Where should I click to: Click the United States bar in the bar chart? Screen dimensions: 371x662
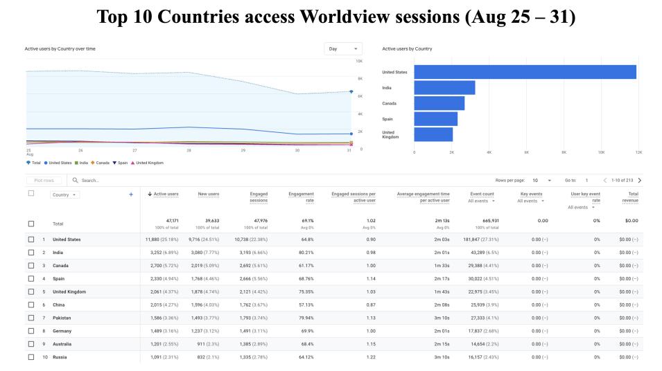(524, 72)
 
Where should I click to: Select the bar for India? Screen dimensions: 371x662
(444, 88)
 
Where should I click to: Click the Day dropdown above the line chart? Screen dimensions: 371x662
(343, 49)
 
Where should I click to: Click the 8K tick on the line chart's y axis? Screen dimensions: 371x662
(360, 79)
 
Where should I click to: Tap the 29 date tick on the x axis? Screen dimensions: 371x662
(243, 150)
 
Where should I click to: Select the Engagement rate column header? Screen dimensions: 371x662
(302, 198)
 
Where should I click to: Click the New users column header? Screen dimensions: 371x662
(209, 194)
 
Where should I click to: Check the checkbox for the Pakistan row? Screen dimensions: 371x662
(30, 318)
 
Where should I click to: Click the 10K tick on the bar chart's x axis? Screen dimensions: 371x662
(601, 152)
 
